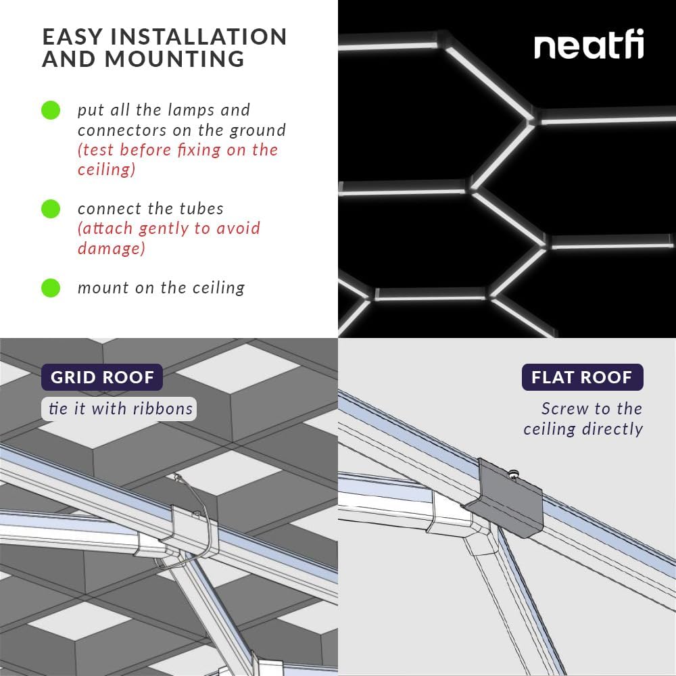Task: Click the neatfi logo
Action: (588, 46)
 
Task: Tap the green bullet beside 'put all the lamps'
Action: (51, 110)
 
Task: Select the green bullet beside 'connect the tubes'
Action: (51, 209)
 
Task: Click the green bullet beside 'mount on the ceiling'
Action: (51, 288)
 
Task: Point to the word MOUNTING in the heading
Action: (174, 59)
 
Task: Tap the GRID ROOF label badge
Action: (102, 377)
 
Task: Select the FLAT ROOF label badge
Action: (582, 377)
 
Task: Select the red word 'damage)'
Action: (112, 248)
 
